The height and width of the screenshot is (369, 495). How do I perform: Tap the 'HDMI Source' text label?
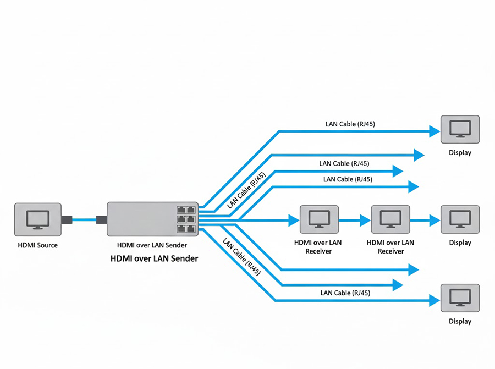(37, 245)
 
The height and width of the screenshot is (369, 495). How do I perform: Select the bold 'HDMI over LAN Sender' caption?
(155, 258)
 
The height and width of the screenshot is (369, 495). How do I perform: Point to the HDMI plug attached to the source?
(67, 220)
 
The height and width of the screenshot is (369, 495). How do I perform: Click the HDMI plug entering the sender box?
(101, 220)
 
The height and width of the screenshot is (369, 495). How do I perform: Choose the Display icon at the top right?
(460, 130)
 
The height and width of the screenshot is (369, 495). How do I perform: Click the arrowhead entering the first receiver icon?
(293, 221)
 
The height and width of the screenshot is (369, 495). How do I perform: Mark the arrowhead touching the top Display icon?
(435, 132)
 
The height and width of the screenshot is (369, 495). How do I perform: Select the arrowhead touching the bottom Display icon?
(435, 301)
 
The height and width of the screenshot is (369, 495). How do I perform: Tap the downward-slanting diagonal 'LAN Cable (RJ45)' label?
(241, 256)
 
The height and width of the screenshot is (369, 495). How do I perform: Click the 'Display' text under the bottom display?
(460, 321)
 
